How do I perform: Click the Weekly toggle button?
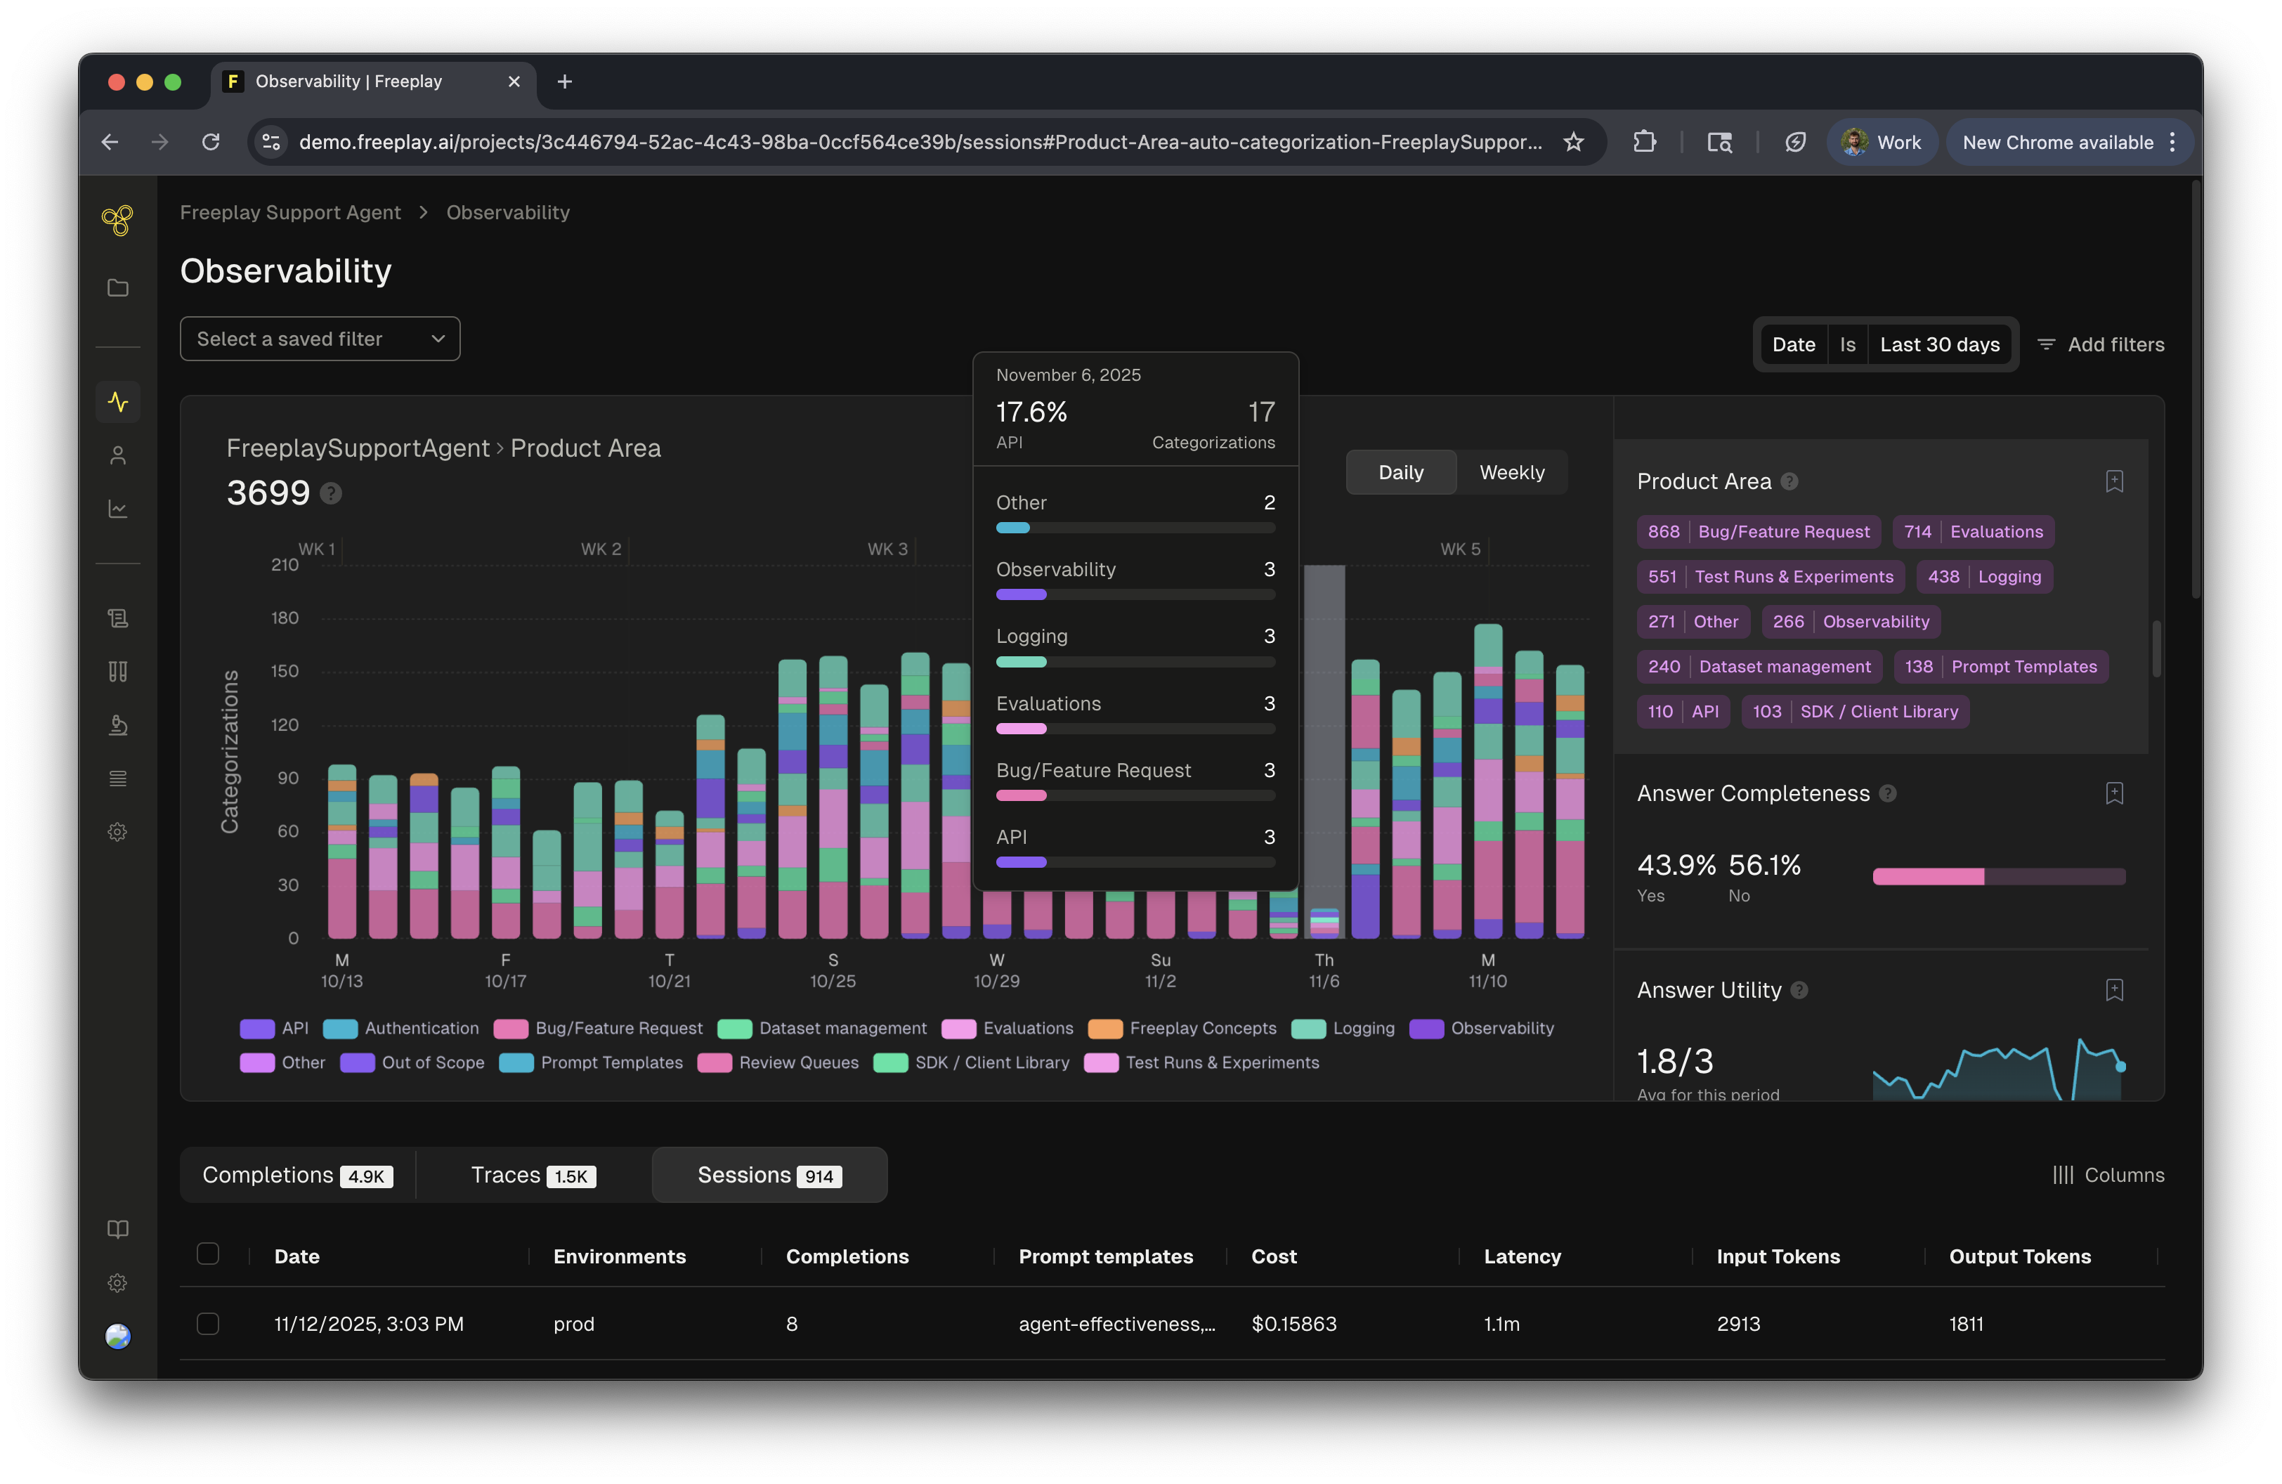[1511, 473]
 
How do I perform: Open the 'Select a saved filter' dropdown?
[319, 339]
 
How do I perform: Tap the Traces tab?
[532, 1176]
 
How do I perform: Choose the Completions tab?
[297, 1176]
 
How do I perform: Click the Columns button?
[2108, 1176]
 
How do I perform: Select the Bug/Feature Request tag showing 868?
[1758, 532]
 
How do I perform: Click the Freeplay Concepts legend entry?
[1183, 1029]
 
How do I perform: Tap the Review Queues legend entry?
[778, 1063]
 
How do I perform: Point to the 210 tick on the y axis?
[285, 566]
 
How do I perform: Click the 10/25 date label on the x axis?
[833, 982]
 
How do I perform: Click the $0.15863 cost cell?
[1293, 1324]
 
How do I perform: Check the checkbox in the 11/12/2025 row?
[208, 1324]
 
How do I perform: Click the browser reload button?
[211, 142]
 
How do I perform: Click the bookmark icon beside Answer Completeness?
[2113, 794]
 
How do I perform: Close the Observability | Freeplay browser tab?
[514, 82]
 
